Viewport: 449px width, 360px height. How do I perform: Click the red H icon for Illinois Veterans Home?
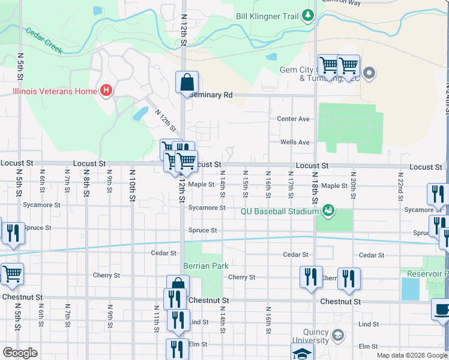tap(106, 91)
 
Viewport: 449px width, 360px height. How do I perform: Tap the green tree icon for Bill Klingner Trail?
tap(308, 16)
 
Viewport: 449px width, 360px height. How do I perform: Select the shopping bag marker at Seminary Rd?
tap(187, 82)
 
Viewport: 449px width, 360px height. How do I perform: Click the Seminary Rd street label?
tap(210, 95)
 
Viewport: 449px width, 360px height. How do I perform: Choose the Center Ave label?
tap(293, 119)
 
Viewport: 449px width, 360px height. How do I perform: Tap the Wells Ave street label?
tap(295, 142)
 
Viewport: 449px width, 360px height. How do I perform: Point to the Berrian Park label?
tap(206, 266)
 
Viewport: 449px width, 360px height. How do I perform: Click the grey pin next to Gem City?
tap(369, 74)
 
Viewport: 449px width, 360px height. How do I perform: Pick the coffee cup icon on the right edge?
tap(442, 310)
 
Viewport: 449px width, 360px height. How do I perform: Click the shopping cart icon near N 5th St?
tap(11, 274)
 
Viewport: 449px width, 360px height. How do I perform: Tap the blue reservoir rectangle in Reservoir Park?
tap(411, 289)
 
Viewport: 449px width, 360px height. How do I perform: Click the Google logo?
tap(20, 353)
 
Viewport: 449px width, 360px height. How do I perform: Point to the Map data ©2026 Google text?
tap(411, 355)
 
